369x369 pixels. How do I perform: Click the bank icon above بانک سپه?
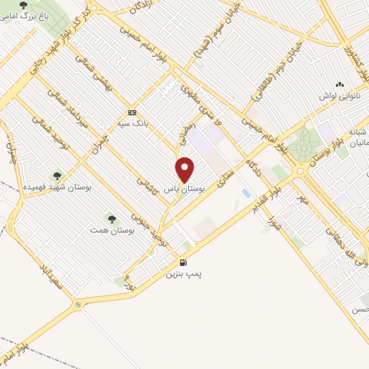coord(131,112)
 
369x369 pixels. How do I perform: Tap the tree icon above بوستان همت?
coord(110,218)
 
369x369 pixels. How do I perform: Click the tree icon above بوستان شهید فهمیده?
coord(57,175)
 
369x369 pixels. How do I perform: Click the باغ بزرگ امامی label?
coord(25,15)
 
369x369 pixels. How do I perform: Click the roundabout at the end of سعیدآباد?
coord(77,306)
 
